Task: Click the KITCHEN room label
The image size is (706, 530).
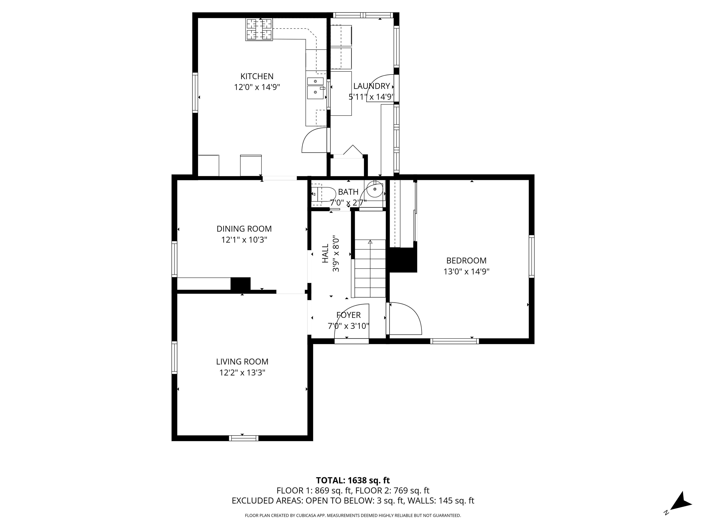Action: [x=257, y=76]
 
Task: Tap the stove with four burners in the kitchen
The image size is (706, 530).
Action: [x=259, y=29]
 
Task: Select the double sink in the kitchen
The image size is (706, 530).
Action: [x=315, y=88]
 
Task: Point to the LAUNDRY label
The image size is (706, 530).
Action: [x=372, y=86]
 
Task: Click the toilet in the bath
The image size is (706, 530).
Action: [x=323, y=194]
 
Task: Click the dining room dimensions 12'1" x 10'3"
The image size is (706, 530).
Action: [x=244, y=240]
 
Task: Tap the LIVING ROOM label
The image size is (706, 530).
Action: [x=242, y=362]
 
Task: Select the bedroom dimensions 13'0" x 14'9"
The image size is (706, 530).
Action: [x=466, y=271]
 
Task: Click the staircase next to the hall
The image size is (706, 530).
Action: [x=370, y=268]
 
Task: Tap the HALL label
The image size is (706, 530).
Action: [x=325, y=254]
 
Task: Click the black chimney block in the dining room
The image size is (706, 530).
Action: [x=240, y=284]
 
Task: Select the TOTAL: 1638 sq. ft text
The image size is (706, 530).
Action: [x=353, y=481]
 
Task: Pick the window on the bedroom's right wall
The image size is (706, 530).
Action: [x=531, y=256]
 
